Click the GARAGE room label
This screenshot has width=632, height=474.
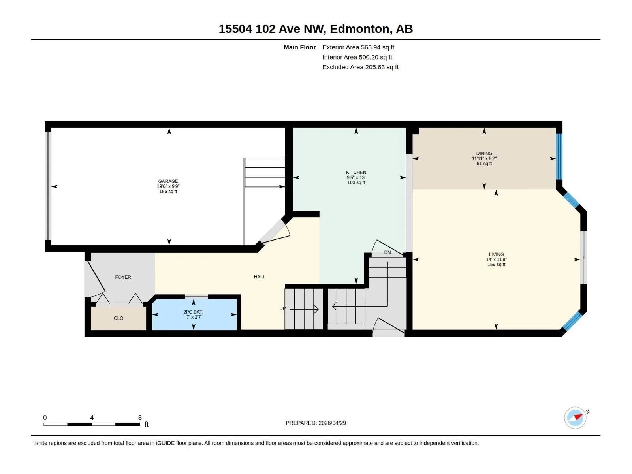[x=168, y=181]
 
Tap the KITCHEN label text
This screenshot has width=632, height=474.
[x=356, y=172]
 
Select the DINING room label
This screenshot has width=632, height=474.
[x=484, y=153]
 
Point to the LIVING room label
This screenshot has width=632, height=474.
[x=496, y=254]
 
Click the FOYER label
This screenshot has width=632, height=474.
[x=123, y=277]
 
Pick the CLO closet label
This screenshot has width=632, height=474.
[x=118, y=318]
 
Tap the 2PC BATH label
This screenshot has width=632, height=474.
[x=194, y=312]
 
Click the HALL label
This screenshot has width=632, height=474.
[x=260, y=277]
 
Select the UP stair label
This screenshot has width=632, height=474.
[x=282, y=308]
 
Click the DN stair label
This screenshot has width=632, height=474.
[x=387, y=252]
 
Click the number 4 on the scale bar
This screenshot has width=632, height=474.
[x=92, y=418]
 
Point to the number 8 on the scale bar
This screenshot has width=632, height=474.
[x=140, y=418]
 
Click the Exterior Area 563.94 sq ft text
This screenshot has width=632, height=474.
[x=358, y=47]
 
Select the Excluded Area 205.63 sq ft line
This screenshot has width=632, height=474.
[x=360, y=67]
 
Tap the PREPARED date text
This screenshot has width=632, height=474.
[x=316, y=423]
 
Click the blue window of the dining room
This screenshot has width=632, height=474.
[x=559, y=156]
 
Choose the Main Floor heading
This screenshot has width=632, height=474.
[x=299, y=47]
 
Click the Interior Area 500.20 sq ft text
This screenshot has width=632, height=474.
[x=357, y=57]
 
